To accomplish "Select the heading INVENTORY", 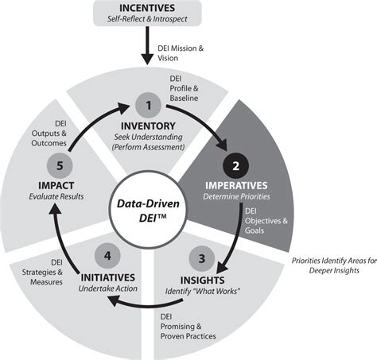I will coord(148,126).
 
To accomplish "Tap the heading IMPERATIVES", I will coord(239,185).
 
